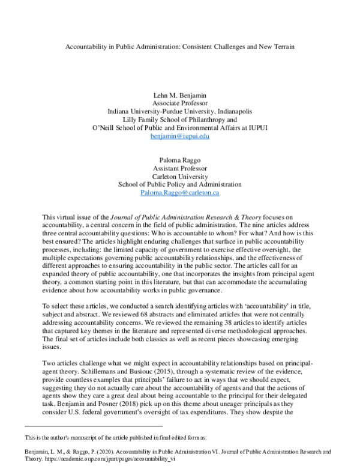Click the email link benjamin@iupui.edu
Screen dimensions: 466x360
(180, 137)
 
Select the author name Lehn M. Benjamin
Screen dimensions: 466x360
(180, 95)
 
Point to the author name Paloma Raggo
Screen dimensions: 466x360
(180, 159)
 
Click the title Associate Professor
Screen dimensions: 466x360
(180, 103)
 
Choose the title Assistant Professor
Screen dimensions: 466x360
(180, 168)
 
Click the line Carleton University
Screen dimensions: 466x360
(180, 176)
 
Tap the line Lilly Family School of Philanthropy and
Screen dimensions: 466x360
(180, 120)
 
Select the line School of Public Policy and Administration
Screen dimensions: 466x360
(180, 184)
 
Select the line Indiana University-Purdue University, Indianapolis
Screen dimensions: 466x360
(180, 112)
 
